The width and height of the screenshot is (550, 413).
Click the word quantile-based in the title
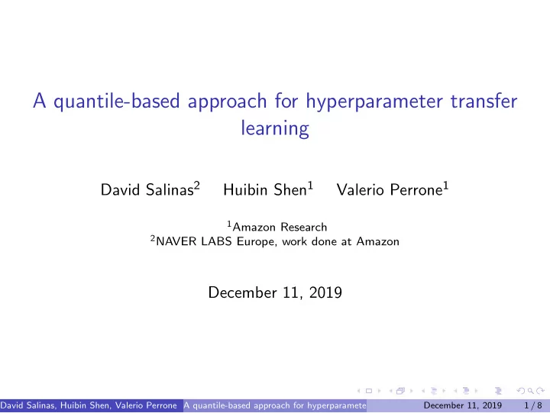point(116,102)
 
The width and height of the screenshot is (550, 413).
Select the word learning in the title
point(275,129)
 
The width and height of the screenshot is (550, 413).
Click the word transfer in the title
point(484,101)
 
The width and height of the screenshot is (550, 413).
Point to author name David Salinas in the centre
point(147,189)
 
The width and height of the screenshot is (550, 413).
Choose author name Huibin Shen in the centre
point(265,189)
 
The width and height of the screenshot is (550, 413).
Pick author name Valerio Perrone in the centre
point(390,189)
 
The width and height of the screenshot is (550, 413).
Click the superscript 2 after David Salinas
point(197,185)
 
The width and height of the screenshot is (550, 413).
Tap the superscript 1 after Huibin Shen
point(310,185)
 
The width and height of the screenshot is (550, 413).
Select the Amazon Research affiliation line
point(277,227)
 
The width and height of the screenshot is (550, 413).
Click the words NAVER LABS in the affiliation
point(193,241)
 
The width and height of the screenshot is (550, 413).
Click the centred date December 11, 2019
point(275,292)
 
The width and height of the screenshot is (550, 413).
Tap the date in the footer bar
point(463,405)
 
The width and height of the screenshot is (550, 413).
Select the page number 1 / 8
point(533,405)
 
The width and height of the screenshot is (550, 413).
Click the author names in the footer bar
point(89,405)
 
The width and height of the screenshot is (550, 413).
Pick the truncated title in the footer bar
point(275,405)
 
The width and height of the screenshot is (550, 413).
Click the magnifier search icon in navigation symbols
point(530,391)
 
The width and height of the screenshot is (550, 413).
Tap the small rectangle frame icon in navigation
point(369,391)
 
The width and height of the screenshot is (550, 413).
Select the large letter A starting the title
point(40,101)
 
